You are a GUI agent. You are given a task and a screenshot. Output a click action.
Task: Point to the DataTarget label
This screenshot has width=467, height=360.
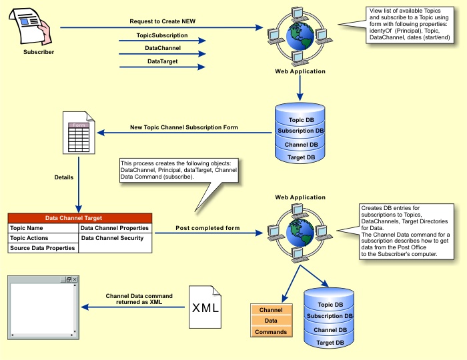[x=162, y=61]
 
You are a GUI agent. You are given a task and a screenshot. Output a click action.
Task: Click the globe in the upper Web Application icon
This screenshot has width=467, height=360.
[x=299, y=37]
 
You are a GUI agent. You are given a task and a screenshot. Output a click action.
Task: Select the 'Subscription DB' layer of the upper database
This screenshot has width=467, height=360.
[x=301, y=131]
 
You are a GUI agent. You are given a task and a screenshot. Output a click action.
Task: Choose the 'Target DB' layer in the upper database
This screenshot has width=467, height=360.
[x=301, y=157]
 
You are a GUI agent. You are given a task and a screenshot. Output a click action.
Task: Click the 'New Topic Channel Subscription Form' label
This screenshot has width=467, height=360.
[x=184, y=127]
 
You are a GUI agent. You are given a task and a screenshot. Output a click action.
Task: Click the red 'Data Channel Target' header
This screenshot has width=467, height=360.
[x=80, y=218]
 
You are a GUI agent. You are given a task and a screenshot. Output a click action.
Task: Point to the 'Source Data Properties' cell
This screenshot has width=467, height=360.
[x=43, y=248]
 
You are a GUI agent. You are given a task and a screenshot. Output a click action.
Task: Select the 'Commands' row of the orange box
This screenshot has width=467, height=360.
[x=272, y=331]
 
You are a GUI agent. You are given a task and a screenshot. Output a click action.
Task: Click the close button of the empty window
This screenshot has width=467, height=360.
[x=75, y=279]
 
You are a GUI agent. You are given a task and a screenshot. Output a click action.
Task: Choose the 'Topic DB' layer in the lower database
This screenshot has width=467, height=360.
[x=330, y=305]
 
